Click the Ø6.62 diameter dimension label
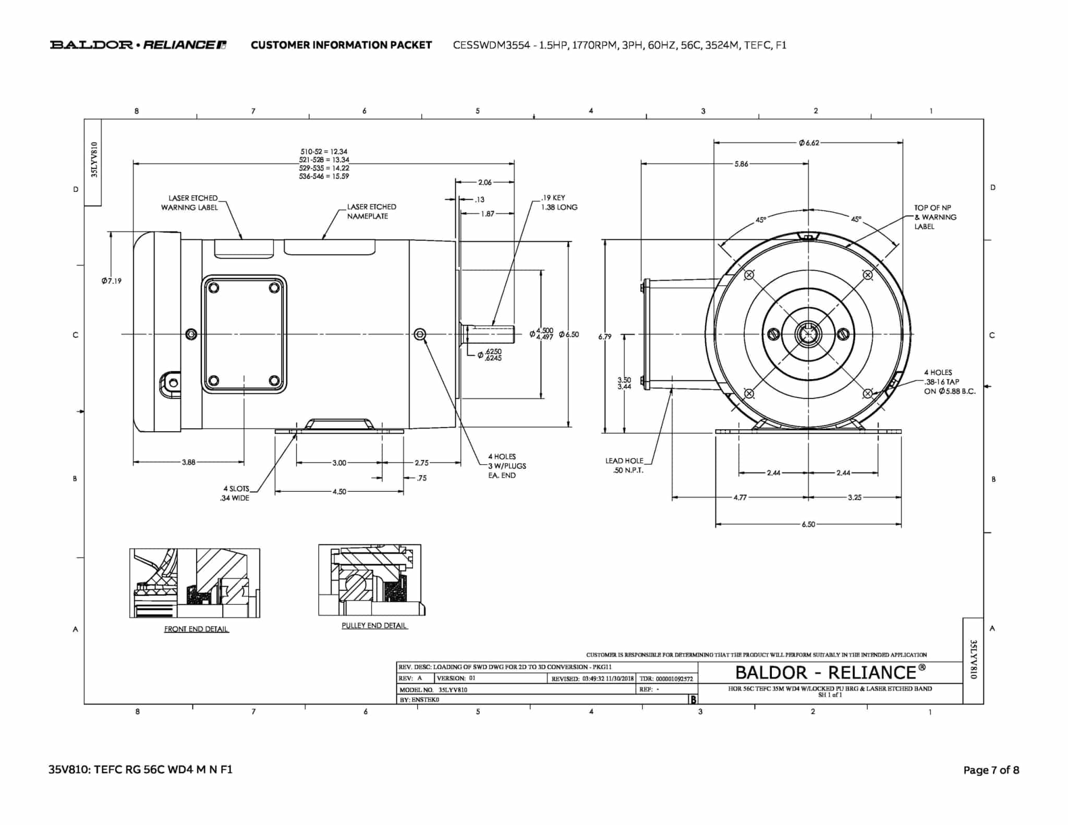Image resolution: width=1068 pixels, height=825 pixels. (x=808, y=143)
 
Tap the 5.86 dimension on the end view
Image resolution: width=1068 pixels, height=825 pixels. (x=741, y=164)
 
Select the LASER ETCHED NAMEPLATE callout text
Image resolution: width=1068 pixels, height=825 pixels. (x=371, y=211)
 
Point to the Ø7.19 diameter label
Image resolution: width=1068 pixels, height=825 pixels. (x=112, y=281)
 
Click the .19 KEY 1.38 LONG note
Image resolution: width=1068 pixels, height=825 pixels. (x=559, y=202)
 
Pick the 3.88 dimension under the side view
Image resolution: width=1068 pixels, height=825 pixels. (x=188, y=462)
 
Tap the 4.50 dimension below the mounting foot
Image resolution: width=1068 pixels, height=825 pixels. (x=339, y=491)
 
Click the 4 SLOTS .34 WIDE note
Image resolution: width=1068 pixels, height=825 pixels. (x=235, y=493)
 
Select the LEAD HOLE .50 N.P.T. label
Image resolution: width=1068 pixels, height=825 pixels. (x=624, y=465)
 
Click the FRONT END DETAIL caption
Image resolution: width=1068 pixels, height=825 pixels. (x=196, y=629)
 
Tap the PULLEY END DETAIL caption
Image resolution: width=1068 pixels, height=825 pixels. (x=374, y=625)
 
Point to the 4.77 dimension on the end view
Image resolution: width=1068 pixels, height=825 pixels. (x=739, y=498)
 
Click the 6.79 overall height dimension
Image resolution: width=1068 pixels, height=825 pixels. (x=605, y=337)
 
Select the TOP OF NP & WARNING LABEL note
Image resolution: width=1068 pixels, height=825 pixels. (x=935, y=217)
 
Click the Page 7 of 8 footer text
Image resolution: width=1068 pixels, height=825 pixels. (x=991, y=770)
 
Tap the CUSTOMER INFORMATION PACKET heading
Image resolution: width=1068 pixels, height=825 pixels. (x=341, y=45)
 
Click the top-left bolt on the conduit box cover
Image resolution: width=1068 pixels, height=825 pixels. (x=213, y=287)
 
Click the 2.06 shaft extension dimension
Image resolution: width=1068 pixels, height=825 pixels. (x=484, y=182)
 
